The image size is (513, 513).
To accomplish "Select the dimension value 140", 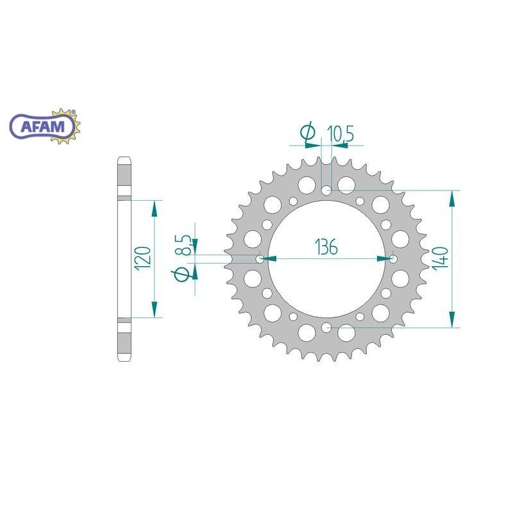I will click(x=442, y=259).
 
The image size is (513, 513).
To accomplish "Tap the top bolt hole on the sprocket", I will click(x=326, y=190).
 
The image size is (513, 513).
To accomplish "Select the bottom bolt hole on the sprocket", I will click(x=326, y=328).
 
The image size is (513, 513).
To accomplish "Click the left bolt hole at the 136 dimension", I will click(x=260, y=259).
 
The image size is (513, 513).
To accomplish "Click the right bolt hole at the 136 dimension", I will click(x=393, y=259).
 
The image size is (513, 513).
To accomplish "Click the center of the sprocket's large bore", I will click(x=326, y=259).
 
